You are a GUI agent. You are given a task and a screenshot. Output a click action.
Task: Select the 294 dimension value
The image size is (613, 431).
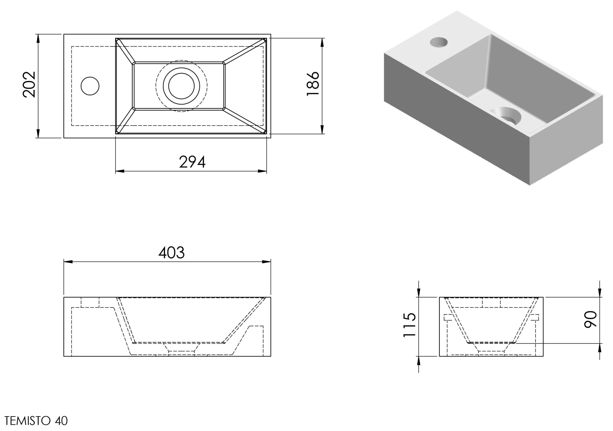192,162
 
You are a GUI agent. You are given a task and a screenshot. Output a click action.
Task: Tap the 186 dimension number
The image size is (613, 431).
313,83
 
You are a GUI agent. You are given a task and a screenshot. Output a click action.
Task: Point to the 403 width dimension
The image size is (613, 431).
172,253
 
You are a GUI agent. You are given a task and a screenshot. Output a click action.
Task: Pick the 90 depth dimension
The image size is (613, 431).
590,319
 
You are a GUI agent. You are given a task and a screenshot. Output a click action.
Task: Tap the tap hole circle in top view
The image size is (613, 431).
90,86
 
